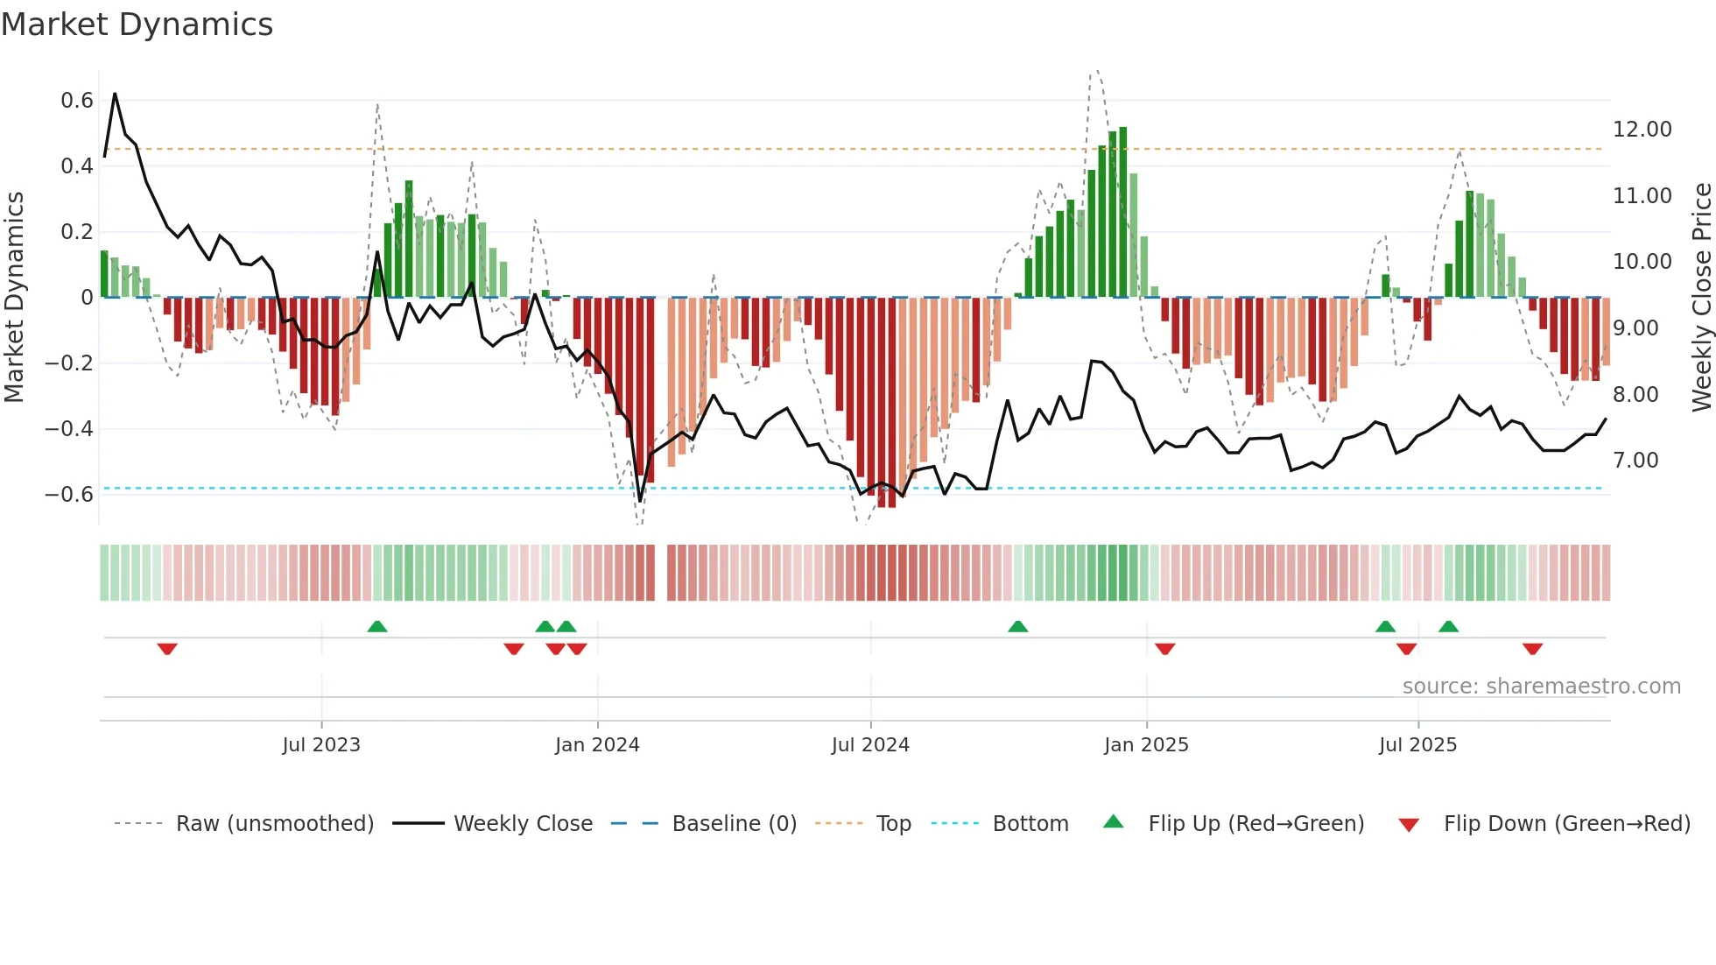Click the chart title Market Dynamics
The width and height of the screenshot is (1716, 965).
point(137,25)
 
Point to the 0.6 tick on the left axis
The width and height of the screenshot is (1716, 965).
point(76,101)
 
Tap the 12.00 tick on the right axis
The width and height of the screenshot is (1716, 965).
point(1642,130)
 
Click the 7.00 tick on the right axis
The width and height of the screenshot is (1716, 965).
point(1635,461)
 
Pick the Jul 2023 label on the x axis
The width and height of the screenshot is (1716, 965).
point(321,745)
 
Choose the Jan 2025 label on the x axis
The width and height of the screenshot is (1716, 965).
point(1146,745)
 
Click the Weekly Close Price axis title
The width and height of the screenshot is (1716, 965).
point(1701,297)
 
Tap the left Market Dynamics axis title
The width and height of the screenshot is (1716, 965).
point(14,297)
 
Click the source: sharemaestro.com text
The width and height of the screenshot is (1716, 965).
point(1541,687)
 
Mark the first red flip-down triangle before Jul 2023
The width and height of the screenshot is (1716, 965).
point(167,649)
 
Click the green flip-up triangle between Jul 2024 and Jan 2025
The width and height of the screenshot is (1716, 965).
point(1017,626)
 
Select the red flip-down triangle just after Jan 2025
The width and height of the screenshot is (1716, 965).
point(1164,649)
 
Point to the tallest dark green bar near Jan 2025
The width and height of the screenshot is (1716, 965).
point(1123,210)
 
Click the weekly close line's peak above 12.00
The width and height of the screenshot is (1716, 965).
point(115,94)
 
